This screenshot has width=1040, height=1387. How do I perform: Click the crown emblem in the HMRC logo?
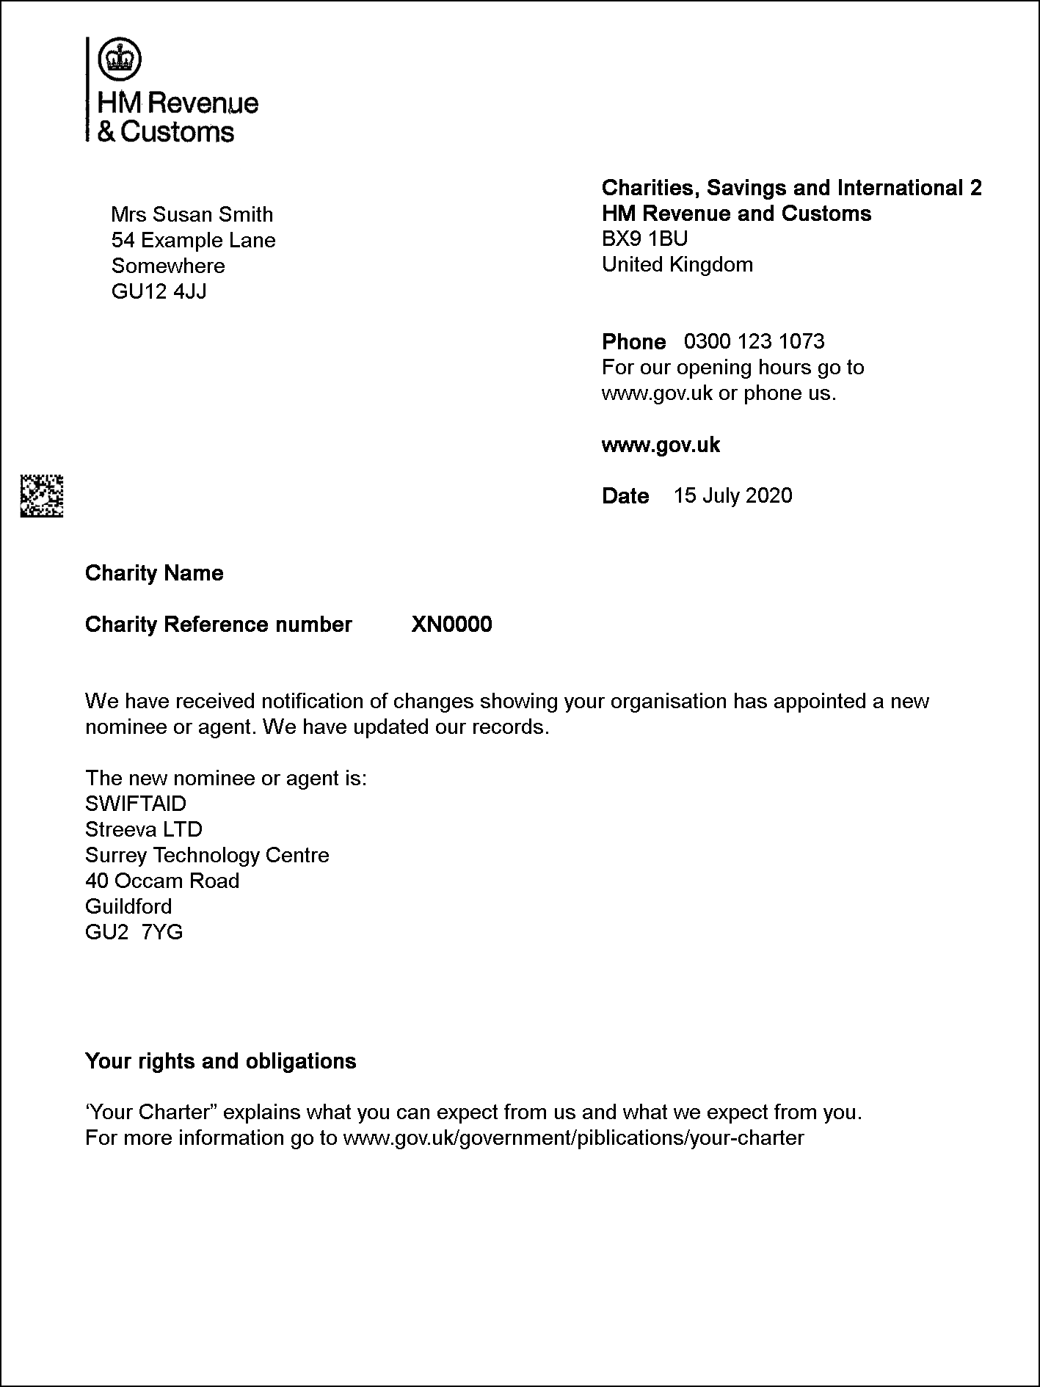click(120, 58)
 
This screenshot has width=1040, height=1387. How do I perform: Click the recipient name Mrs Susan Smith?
click(192, 214)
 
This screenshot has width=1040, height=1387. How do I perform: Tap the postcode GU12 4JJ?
click(159, 291)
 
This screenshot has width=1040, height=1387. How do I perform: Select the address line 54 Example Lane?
click(193, 240)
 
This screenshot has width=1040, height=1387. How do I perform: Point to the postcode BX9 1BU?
click(644, 239)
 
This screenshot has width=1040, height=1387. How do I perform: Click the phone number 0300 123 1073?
click(754, 341)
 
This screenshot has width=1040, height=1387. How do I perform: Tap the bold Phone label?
click(633, 342)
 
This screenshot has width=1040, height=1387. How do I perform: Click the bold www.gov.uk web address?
click(661, 445)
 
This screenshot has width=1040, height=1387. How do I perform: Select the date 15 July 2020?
click(732, 495)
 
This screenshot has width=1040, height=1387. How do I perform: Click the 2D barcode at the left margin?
click(41, 496)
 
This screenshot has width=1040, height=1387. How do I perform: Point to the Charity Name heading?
click(154, 573)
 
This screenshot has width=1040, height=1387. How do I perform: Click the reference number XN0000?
click(451, 625)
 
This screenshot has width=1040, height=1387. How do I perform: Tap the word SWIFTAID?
click(136, 804)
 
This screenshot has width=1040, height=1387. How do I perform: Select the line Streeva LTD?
click(144, 829)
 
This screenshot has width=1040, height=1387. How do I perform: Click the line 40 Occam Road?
click(162, 881)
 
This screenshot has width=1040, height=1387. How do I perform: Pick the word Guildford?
click(128, 906)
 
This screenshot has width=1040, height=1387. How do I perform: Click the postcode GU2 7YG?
click(134, 932)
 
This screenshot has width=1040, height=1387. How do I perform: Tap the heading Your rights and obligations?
click(220, 1061)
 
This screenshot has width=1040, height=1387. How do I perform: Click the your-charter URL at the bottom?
click(573, 1138)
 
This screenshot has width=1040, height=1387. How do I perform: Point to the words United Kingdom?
click(677, 264)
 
